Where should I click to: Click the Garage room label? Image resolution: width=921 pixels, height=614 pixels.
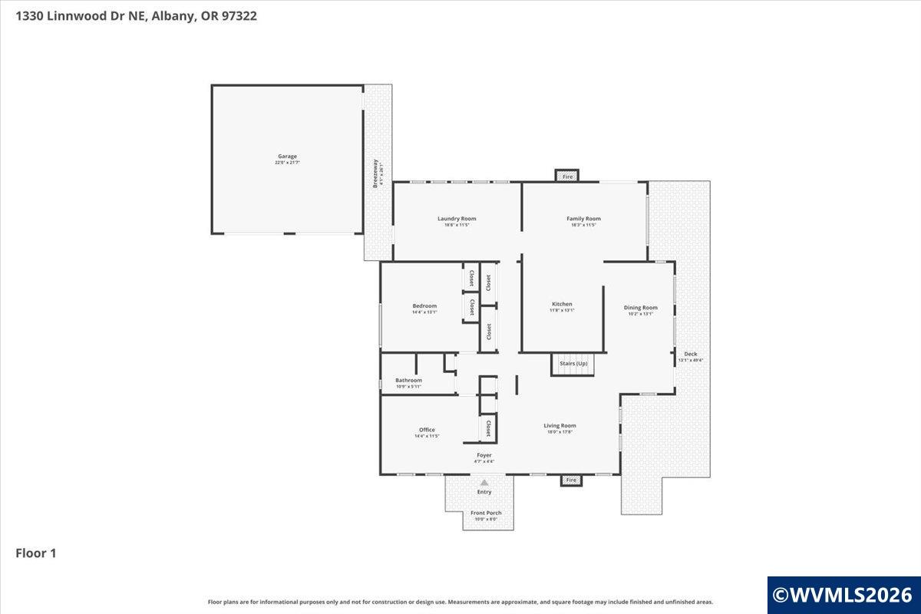tap(287, 157)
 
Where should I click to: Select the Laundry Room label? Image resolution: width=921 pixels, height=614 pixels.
tap(457, 219)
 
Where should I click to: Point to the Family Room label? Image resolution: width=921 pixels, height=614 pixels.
tap(583, 219)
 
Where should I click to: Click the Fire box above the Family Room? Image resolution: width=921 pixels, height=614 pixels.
tap(568, 177)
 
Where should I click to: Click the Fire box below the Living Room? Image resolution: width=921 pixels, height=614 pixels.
tap(570, 480)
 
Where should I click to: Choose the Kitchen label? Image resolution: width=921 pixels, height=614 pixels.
tap(561, 304)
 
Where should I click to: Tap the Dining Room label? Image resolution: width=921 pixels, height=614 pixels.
tap(640, 308)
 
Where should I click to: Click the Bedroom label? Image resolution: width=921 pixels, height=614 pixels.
tap(424, 306)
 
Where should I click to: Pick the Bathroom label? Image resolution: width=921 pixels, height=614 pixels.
tap(408, 380)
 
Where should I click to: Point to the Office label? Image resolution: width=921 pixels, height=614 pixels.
tap(427, 430)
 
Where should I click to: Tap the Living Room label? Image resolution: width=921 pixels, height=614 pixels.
tap(560, 425)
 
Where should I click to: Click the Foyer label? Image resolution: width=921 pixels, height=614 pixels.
tap(484, 455)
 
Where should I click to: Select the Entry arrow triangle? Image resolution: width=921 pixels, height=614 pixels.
tap(484, 483)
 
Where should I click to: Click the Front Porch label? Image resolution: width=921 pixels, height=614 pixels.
tap(486, 513)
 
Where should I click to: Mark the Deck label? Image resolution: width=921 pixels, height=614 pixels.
tap(690, 354)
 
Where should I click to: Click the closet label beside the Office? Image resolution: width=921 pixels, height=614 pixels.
tap(487, 427)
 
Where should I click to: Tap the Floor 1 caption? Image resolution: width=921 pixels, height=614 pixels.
tap(36, 553)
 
